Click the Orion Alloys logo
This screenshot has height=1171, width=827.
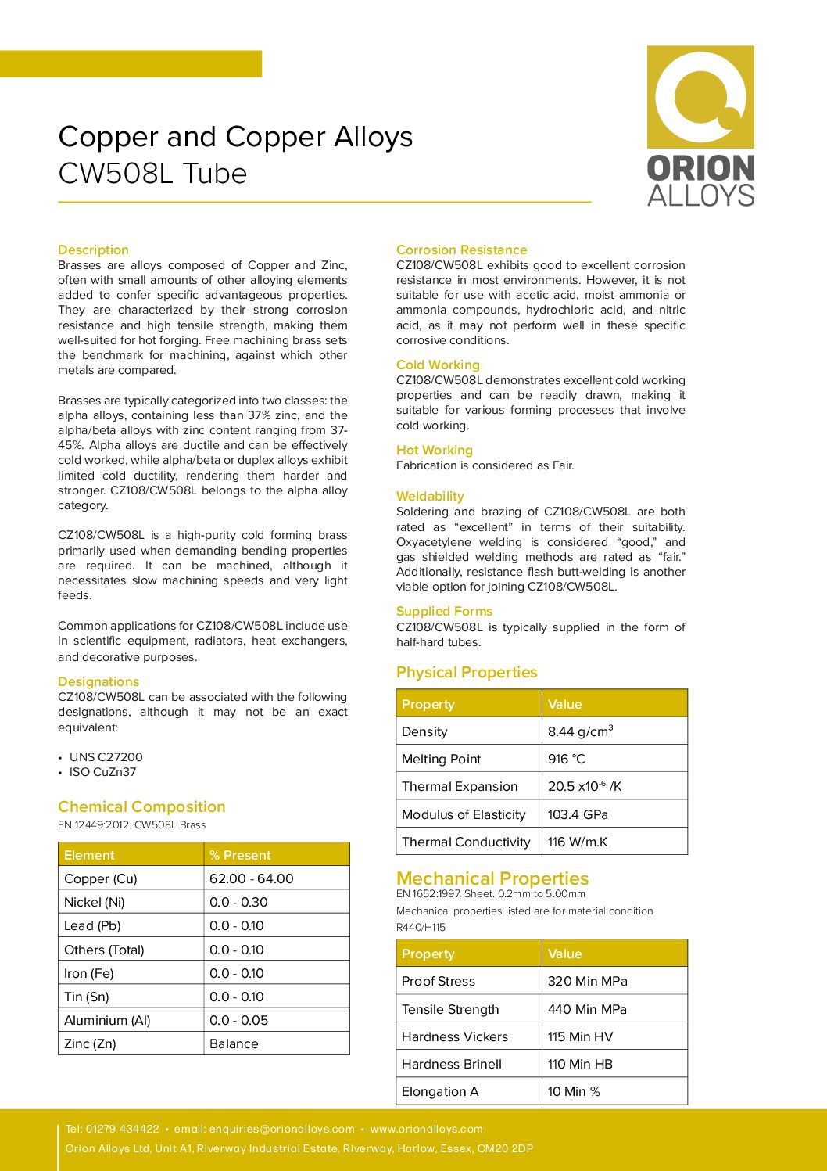[700, 125]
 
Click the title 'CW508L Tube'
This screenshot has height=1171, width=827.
[152, 174]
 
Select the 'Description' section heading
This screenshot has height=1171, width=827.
[93, 250]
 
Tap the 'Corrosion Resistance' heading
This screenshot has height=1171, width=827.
[461, 250]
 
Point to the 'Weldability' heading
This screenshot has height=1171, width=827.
[430, 496]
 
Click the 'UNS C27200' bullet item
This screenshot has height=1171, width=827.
[106, 756]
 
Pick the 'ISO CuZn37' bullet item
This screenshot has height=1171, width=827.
[102, 771]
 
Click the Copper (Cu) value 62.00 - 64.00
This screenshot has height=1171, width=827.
[251, 878]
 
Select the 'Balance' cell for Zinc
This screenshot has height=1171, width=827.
[234, 1043]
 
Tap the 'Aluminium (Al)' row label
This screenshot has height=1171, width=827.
[107, 1020]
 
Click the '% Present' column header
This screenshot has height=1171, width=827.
[240, 855]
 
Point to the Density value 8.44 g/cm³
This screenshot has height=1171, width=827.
[580, 731]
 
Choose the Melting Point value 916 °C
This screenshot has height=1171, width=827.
[566, 759]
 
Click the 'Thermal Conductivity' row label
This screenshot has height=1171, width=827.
[466, 842]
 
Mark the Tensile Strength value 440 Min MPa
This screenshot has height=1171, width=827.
[587, 1009]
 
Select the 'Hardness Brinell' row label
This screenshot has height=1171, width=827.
[452, 1064]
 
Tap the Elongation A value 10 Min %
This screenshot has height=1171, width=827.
[574, 1091]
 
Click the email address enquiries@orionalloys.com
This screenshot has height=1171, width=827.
[281, 1129]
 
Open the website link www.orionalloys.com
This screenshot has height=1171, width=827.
[426, 1129]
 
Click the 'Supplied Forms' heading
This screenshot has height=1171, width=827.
[444, 611]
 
